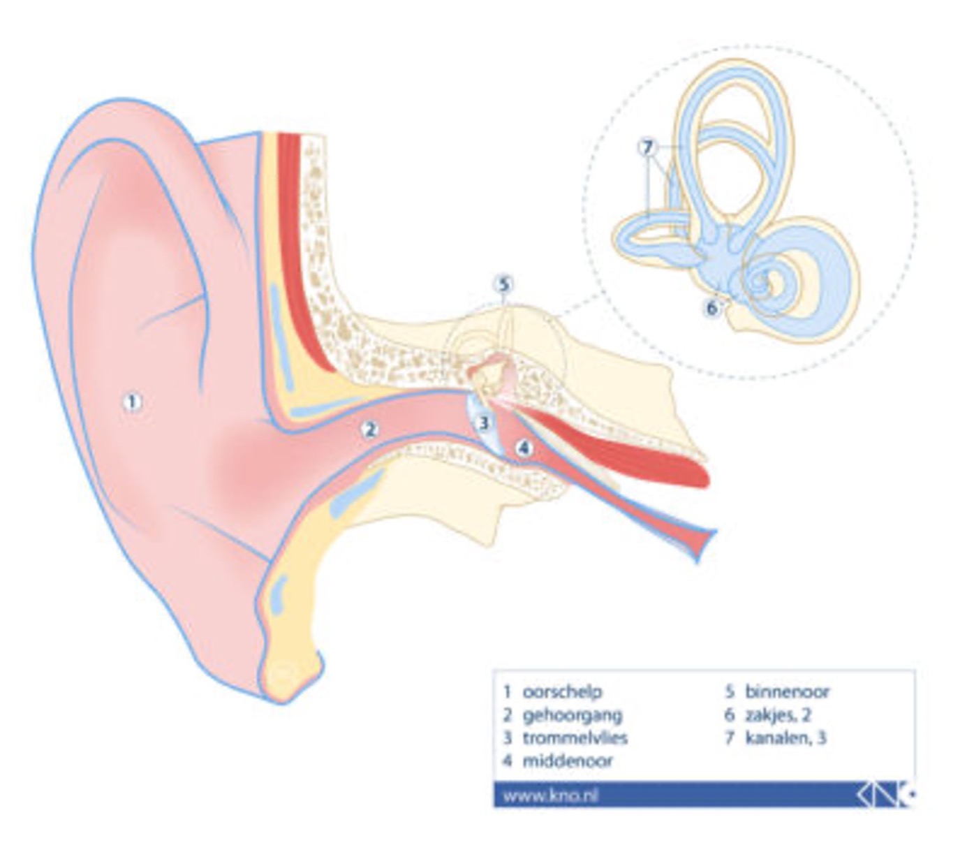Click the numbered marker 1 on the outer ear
[133, 402]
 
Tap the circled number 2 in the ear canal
[370, 429]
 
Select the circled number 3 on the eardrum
[484, 423]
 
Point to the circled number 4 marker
[524, 448]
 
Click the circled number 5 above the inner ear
[503, 285]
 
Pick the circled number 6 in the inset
[711, 308]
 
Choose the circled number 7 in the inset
[647, 147]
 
